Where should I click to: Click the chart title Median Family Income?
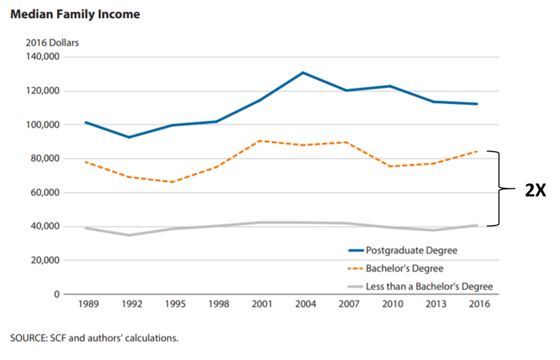click(75, 14)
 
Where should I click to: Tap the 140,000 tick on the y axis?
click(43, 57)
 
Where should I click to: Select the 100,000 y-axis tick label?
click(43, 125)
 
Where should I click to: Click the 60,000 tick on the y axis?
click(45, 193)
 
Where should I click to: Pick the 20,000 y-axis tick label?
click(45, 260)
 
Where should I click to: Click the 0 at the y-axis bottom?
click(56, 294)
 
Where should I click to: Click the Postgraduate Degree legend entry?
click(411, 251)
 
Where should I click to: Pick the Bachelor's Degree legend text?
click(404, 269)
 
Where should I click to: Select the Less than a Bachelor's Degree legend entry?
click(429, 286)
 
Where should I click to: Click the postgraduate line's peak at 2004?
click(303, 72)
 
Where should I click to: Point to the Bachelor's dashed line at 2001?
click(260, 141)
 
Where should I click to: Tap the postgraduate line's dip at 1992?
click(130, 137)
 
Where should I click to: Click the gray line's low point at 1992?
click(130, 235)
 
